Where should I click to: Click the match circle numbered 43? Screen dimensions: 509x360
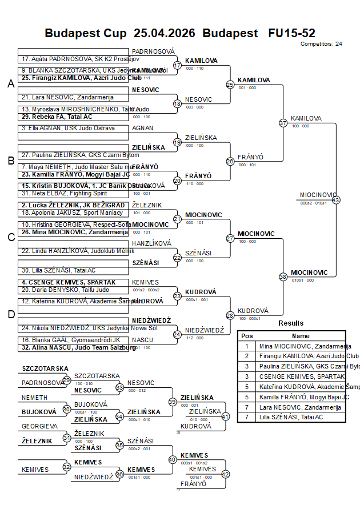336,200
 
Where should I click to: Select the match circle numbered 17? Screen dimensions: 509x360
177,65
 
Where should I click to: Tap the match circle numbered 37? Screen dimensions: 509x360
283,123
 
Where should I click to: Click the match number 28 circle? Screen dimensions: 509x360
230,315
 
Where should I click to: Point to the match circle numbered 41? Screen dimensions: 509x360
225,416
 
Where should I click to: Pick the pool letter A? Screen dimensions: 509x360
10,84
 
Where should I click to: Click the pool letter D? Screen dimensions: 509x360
10,314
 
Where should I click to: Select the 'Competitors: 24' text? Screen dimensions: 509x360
321,43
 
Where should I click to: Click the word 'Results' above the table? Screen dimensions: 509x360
291,323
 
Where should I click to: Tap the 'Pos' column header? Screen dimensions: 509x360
247,336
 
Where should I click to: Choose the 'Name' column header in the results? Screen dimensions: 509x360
301,336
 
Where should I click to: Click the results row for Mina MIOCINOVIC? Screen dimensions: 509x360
291,346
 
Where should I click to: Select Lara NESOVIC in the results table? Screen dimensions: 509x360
291,407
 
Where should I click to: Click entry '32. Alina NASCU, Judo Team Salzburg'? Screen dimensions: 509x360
71,347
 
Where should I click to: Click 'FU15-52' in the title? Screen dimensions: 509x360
291,33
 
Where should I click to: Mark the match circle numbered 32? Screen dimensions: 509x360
66,467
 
